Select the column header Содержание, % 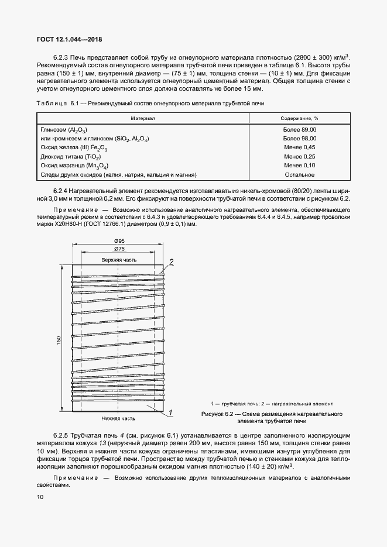pyautogui.click(x=300, y=118)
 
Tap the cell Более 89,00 pyautogui.click(x=300, y=129)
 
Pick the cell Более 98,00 pyautogui.click(x=300, y=138)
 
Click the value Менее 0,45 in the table pyautogui.click(x=300, y=147)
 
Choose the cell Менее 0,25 pyautogui.click(x=300, y=157)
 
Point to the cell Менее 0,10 pyautogui.click(x=300, y=166)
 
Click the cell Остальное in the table pyautogui.click(x=300, y=175)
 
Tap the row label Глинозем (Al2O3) pyautogui.click(x=64, y=129)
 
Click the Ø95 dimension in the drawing pyautogui.click(x=119, y=242)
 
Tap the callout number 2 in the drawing pyautogui.click(x=172, y=262)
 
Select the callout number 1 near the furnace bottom pyautogui.click(x=170, y=413)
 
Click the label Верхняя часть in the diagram pyautogui.click(x=119, y=259)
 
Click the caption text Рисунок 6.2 pyautogui.click(x=216, y=414)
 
